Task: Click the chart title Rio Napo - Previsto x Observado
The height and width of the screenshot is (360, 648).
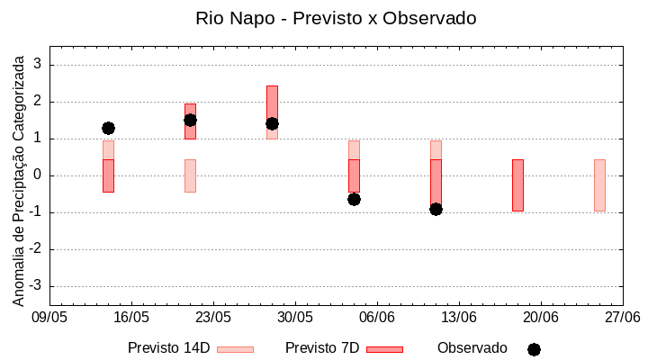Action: [336, 18]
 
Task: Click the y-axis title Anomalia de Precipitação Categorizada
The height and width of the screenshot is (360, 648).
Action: [18, 176]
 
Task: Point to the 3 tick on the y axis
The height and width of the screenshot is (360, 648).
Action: [39, 65]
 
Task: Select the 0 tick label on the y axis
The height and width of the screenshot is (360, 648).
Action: [39, 175]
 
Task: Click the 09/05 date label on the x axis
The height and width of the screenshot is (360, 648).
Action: [49, 317]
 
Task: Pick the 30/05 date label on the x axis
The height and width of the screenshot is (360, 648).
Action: [294, 317]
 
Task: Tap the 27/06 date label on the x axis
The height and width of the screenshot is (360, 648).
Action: [622, 317]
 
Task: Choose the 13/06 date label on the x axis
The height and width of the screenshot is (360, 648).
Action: [458, 317]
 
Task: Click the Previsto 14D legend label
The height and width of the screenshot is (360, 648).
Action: [168, 348]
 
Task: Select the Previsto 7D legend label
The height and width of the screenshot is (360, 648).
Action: [322, 348]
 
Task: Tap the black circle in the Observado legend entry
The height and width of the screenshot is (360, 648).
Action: [534, 349]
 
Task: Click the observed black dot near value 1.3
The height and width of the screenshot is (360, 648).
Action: [108, 128]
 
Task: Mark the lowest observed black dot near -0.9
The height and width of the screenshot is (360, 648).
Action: [436, 209]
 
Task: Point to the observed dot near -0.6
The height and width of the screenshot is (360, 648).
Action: [354, 199]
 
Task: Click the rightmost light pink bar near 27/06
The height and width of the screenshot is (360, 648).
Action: [599, 184]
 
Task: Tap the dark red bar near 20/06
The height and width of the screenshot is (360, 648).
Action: [517, 184]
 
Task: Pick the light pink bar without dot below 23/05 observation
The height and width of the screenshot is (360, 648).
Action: [190, 175]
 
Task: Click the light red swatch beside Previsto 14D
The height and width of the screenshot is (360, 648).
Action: [235, 349]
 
